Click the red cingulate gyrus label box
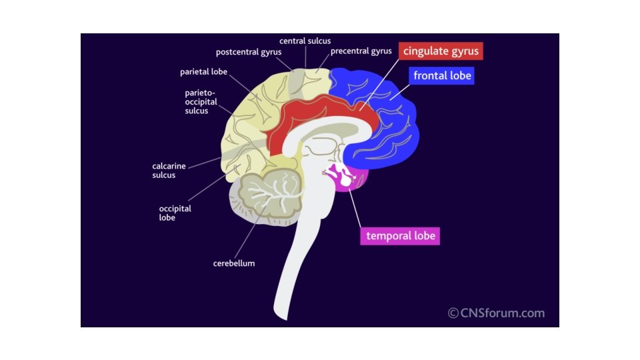tap(441, 51)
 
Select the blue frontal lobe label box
tap(442, 75)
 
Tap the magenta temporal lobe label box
tap(400, 235)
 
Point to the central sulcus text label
tap(305, 41)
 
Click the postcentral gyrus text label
tap(249, 52)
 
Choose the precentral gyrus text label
tap(361, 51)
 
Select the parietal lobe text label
tap(205, 71)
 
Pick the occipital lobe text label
tap(175, 213)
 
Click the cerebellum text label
tap(234, 263)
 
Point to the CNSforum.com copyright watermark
tap(496, 313)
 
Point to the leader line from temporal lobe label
tap(353, 208)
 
